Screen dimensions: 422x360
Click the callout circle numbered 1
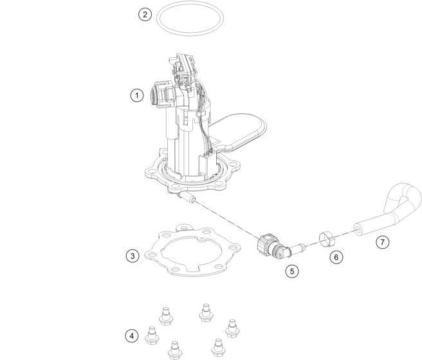pyautogui.click(x=137, y=95)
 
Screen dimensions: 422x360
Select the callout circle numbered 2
pyautogui.click(x=145, y=14)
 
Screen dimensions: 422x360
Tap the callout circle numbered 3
pyautogui.click(x=133, y=256)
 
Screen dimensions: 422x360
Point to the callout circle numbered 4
pyautogui.click(x=132, y=336)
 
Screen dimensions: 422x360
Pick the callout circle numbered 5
pyautogui.click(x=292, y=271)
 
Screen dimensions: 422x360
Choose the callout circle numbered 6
pyautogui.click(x=336, y=257)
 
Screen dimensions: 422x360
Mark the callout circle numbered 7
pyautogui.click(x=382, y=242)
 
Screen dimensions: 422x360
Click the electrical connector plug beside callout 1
pyautogui.click(x=163, y=93)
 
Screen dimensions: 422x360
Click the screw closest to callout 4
pyautogui.click(x=152, y=335)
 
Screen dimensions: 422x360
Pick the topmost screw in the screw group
pyautogui.click(x=206, y=312)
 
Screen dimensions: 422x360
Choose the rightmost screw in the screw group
pyautogui.click(x=232, y=328)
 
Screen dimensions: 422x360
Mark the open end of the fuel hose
pyautogui.click(x=358, y=230)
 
